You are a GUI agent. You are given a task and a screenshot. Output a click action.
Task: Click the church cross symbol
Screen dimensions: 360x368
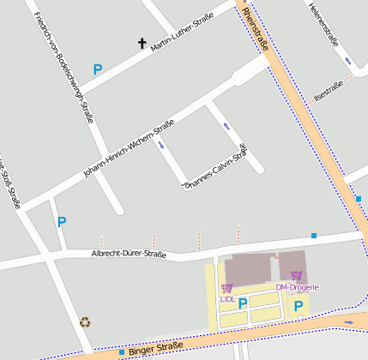pos(142,42)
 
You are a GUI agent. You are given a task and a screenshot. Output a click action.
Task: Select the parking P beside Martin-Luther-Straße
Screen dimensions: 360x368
pos(98,69)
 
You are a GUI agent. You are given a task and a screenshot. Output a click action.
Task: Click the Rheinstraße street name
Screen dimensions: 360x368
pos(256,29)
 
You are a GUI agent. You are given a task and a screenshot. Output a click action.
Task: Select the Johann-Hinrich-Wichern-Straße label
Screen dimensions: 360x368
pos(129,148)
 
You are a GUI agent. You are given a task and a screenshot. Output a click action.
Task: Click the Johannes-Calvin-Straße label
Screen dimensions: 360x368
pos(215,165)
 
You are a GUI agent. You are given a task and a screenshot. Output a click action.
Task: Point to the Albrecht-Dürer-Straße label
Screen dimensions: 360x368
pos(129,254)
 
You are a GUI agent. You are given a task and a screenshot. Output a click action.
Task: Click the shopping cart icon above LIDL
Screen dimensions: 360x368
pos(226,288)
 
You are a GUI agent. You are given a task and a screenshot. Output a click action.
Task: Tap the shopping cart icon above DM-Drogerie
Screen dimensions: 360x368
pos(297,276)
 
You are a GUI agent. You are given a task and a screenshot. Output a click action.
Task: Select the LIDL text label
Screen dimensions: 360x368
pos(227,299)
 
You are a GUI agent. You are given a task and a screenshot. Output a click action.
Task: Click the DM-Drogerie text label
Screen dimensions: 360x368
pos(297,287)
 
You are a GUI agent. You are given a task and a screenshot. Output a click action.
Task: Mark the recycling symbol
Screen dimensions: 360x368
pos(85,322)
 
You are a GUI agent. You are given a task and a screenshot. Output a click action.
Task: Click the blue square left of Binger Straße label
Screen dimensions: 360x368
pos(122,351)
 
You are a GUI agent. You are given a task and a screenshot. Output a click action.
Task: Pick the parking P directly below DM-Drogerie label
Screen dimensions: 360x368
pos(298,304)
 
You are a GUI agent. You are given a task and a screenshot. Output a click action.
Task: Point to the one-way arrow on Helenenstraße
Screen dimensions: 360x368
pos(347,61)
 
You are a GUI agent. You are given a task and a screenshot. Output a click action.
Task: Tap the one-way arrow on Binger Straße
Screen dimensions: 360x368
pos(348,322)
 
